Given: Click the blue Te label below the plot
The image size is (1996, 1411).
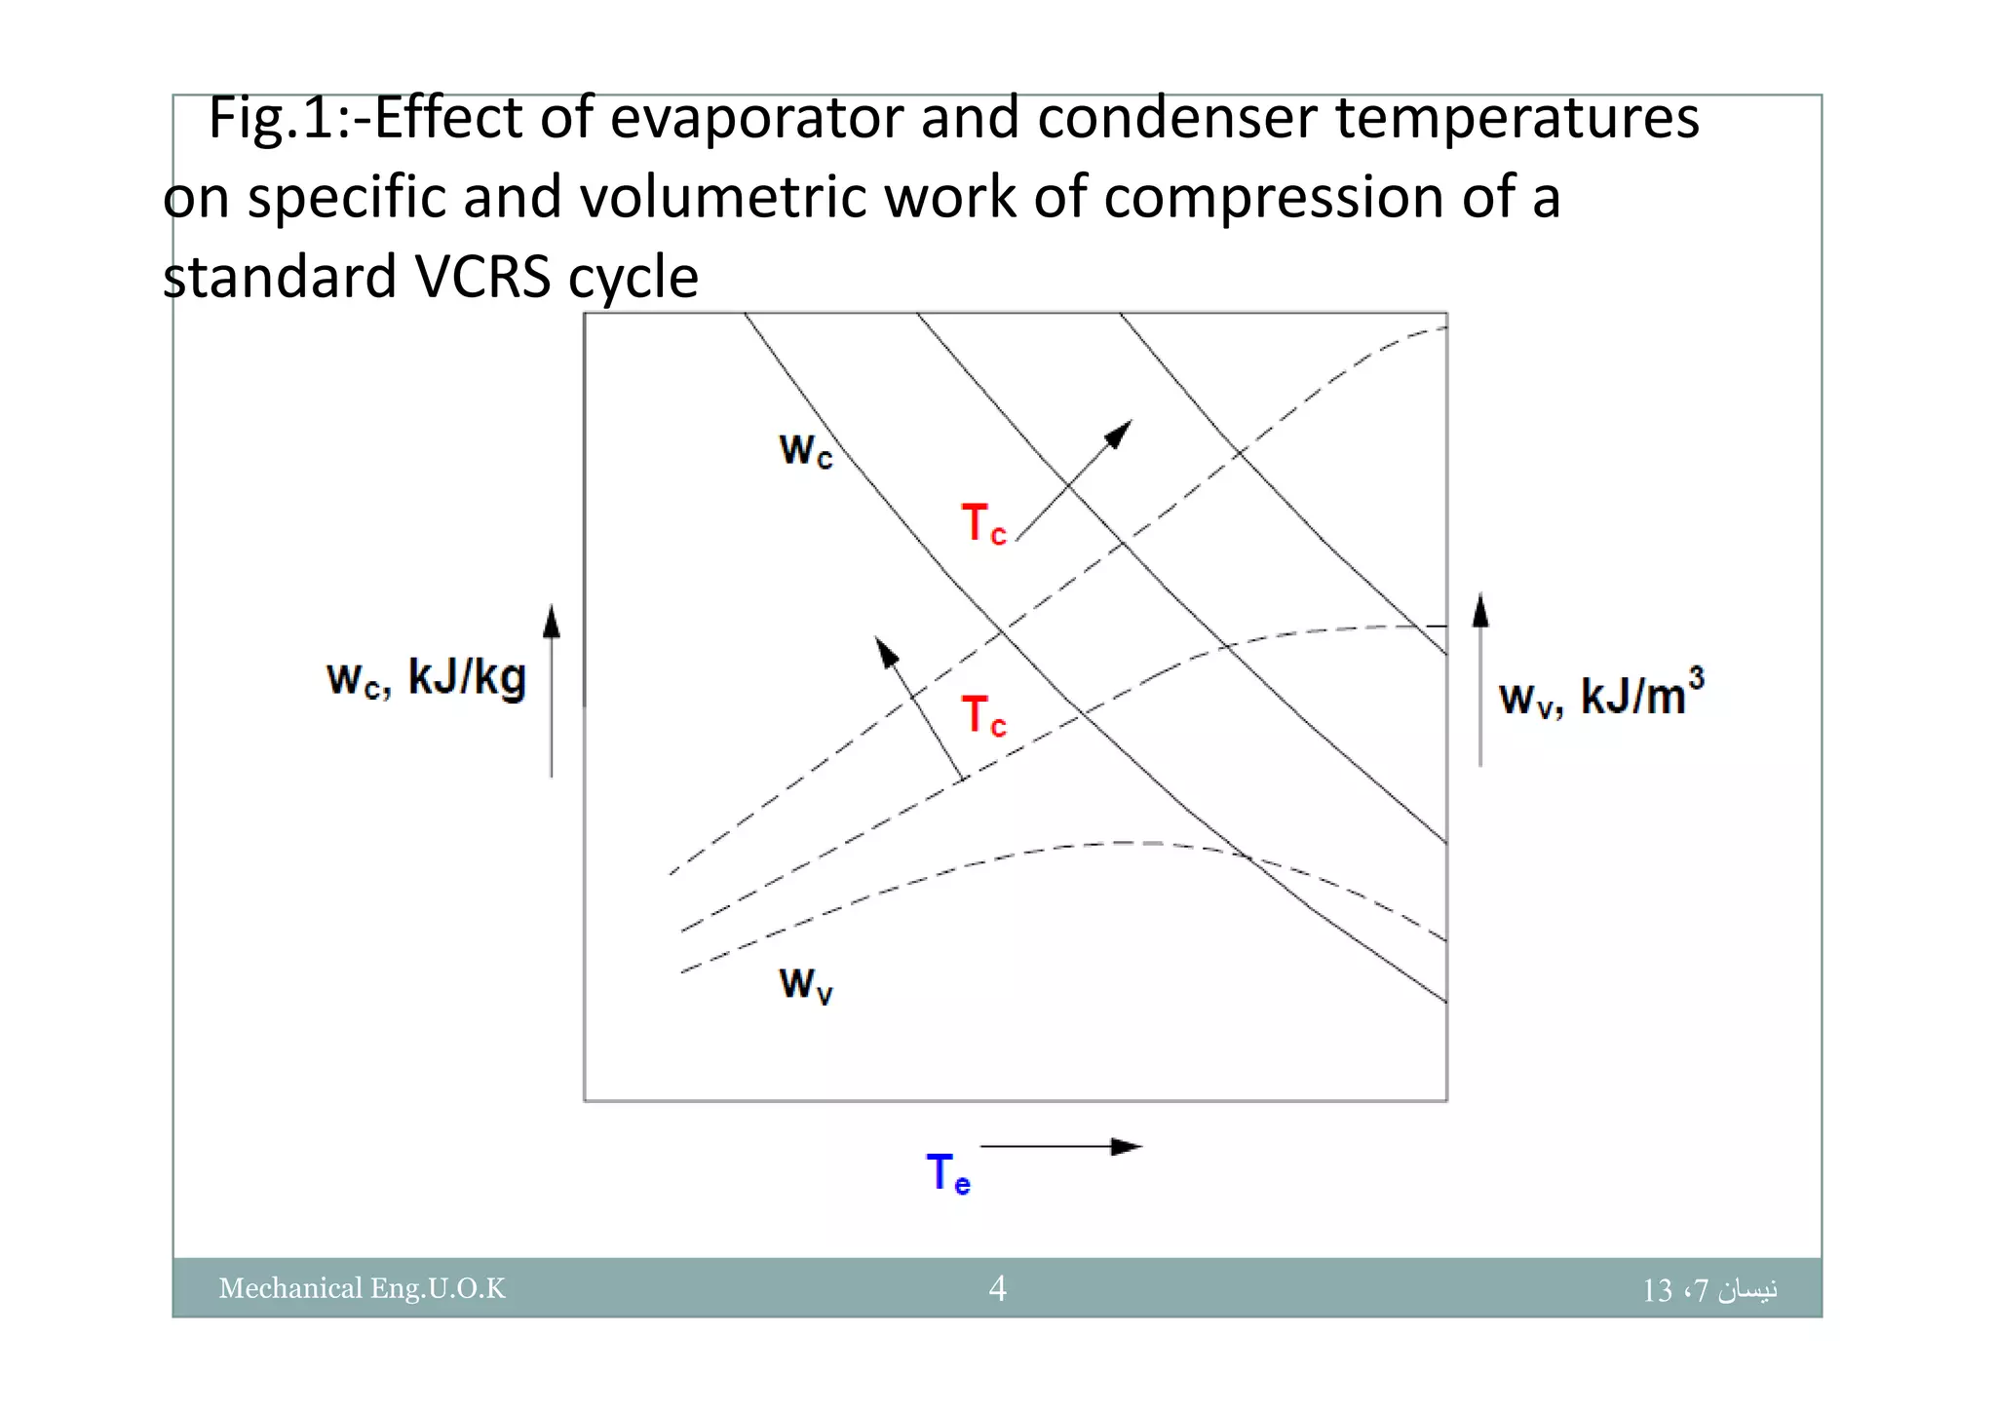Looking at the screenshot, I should click(x=947, y=1172).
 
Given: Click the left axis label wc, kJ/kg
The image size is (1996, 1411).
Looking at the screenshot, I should click(x=426, y=678).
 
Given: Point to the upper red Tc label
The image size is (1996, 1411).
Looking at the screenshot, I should click(x=982, y=524).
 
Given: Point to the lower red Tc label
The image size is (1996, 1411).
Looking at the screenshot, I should click(x=982, y=716).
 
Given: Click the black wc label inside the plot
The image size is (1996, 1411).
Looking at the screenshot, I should click(x=806, y=450).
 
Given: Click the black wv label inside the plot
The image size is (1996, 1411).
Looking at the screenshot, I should click(x=806, y=984).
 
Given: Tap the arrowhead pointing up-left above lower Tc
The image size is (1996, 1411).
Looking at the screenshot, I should click(x=886, y=652).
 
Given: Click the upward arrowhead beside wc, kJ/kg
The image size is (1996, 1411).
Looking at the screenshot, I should click(x=552, y=621).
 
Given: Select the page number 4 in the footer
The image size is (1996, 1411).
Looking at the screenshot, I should click(x=997, y=1288).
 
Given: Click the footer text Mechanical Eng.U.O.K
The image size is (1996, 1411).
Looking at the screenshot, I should click(x=362, y=1288).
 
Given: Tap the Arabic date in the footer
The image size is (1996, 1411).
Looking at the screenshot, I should click(x=1709, y=1290).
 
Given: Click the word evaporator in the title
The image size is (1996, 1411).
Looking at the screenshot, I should click(x=759, y=119).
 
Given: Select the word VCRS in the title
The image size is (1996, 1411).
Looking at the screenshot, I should click(x=483, y=277).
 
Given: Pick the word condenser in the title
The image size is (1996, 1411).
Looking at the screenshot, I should click(x=1177, y=119).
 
